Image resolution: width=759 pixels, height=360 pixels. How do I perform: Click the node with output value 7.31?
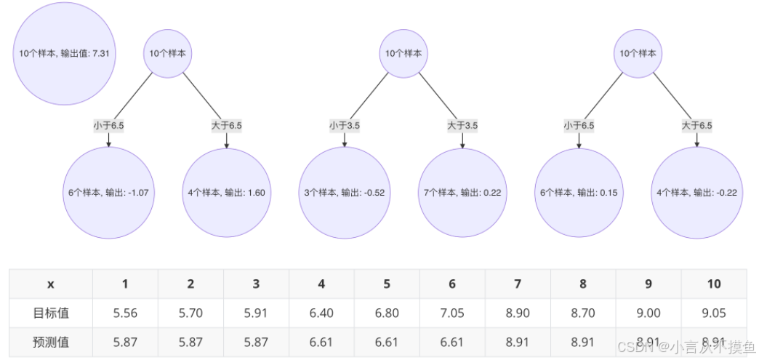click(65, 53)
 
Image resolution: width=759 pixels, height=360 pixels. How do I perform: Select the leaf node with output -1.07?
click(108, 193)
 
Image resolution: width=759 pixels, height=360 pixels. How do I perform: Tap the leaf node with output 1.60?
click(227, 193)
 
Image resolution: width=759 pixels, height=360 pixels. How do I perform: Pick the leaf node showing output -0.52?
click(345, 193)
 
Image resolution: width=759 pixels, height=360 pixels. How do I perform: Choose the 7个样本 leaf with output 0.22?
click(462, 193)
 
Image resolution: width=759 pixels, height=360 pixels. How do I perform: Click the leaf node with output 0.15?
click(579, 193)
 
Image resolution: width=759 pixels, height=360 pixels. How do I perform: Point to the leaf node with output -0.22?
click(697, 193)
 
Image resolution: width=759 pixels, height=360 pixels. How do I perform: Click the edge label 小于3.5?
click(345, 125)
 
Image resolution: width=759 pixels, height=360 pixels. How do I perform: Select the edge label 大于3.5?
click(462, 125)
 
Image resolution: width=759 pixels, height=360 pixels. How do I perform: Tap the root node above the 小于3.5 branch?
click(403, 53)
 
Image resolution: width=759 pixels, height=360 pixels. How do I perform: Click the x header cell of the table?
click(51, 284)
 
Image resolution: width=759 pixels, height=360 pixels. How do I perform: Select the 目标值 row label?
click(51, 313)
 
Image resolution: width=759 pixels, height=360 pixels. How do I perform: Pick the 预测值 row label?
click(51, 343)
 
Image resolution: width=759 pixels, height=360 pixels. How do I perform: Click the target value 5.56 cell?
click(125, 313)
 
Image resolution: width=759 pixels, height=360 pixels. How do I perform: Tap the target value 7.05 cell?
click(452, 313)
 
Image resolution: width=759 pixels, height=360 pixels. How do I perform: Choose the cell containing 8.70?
click(583, 313)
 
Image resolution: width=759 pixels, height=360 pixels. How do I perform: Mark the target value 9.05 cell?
click(714, 313)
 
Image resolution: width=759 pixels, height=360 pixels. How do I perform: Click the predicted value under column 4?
click(321, 343)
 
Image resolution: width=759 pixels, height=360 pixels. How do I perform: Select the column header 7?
click(518, 284)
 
